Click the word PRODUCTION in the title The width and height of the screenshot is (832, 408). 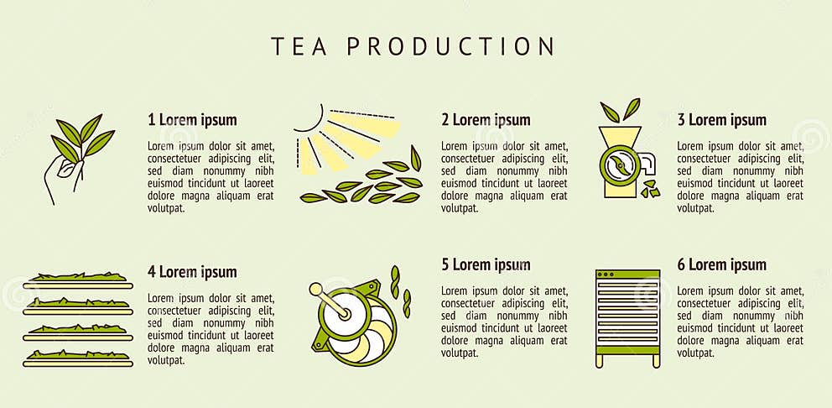coord(450,46)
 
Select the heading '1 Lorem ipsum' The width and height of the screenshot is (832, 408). coord(192,120)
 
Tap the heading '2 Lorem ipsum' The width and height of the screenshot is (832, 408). coord(486,120)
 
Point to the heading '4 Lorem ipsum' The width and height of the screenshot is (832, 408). coord(192,272)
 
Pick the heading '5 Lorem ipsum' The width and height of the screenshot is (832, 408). coord(486,265)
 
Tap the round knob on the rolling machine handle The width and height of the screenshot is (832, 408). coord(315,290)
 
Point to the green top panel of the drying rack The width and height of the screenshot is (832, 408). coord(627,274)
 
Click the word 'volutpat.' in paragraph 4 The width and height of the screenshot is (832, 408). coord(167,360)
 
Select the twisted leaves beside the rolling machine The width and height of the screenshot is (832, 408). coord(402,290)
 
